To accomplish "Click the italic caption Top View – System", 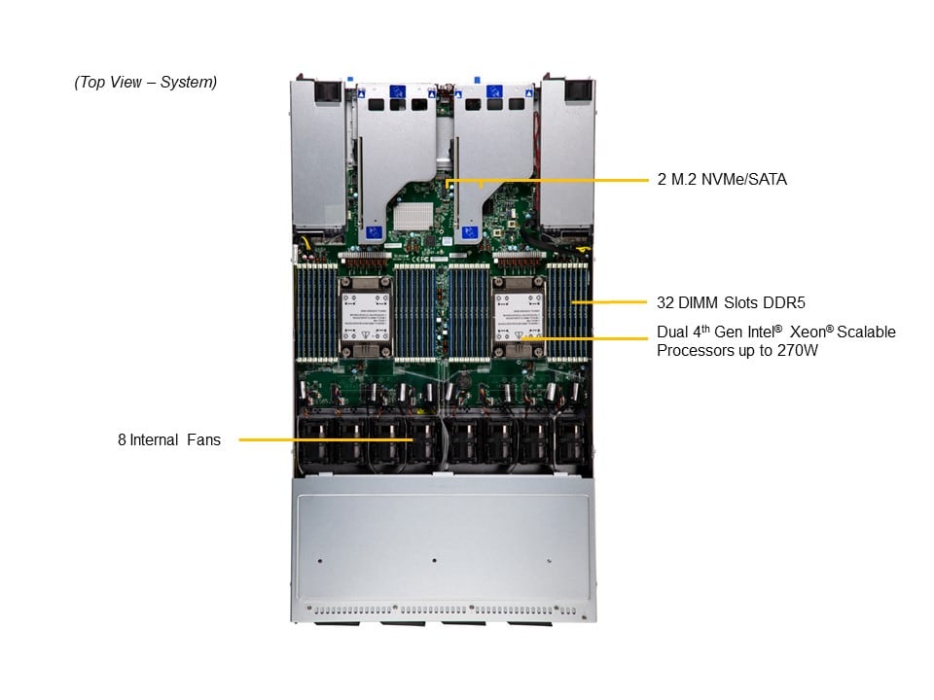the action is point(145,82).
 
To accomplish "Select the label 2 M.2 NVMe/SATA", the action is point(722,179).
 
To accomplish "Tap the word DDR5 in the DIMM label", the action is point(784,302).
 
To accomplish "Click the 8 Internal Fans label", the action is point(169,439).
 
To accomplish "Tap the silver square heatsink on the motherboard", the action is point(413,216).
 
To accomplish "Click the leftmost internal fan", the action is point(314,441).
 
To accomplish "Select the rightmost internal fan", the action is point(572,441).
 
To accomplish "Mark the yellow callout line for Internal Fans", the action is point(326,439).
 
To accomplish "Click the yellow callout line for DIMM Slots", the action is point(609,302).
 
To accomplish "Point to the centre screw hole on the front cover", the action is point(434,560).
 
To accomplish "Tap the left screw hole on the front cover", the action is point(320,561).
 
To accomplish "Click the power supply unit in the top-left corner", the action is point(318,155).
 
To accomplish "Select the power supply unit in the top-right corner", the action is point(567,154).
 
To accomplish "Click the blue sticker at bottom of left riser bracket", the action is point(374,232).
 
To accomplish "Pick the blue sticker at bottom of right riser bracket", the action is point(469,232).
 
